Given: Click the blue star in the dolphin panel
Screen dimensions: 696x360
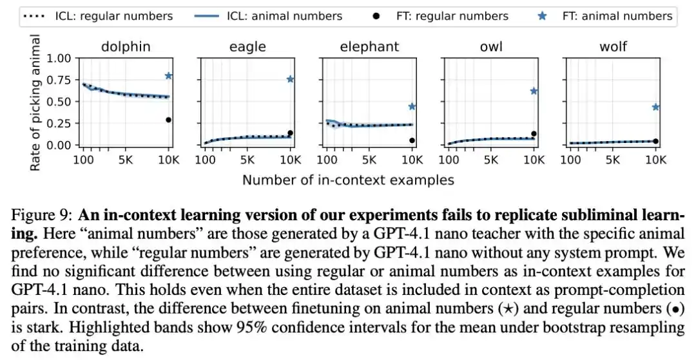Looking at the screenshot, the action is pos(168,76).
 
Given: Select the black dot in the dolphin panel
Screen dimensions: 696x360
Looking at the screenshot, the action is pos(168,120).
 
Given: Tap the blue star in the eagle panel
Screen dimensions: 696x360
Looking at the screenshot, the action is pos(290,79).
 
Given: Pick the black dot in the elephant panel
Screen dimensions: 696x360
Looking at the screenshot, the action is pos(412,140).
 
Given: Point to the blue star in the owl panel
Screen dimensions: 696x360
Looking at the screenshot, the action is pos(534,91).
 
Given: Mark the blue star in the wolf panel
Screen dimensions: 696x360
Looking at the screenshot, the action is pos(655,107).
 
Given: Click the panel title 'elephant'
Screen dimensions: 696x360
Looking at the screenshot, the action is pos(369,46).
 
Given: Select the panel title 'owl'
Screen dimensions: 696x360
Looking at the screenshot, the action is pos(491,46).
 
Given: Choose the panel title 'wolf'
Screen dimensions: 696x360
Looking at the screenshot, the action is pos(613,46).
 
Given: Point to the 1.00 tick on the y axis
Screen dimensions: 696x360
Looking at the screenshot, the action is pos(59,59).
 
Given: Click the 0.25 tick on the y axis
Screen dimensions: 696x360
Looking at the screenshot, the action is pos(59,123).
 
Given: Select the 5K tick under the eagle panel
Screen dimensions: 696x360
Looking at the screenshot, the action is pos(247,160).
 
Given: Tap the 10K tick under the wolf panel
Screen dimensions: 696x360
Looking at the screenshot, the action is pos(655,160).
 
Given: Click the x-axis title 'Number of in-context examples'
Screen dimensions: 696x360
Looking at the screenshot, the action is pos(348,180).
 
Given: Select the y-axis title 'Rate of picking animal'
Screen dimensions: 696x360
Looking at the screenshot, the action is pos(35,102).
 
